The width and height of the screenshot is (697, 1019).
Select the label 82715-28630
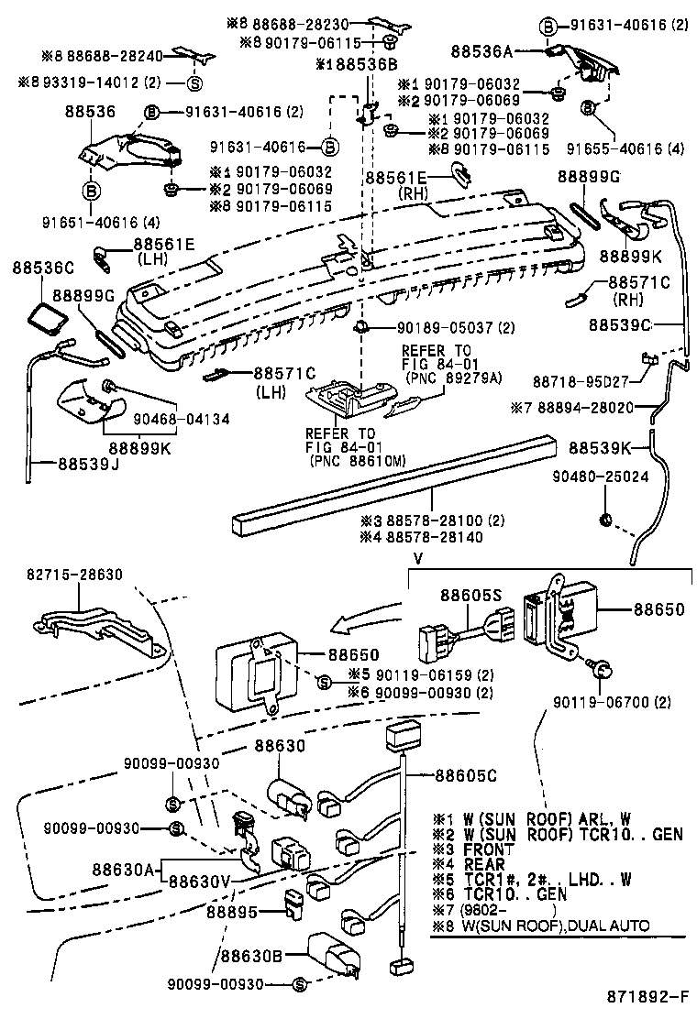click(75, 575)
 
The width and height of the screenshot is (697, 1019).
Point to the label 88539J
click(76, 465)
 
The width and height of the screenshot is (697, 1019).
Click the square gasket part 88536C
click(43, 318)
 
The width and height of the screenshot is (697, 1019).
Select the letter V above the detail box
click(417, 558)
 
